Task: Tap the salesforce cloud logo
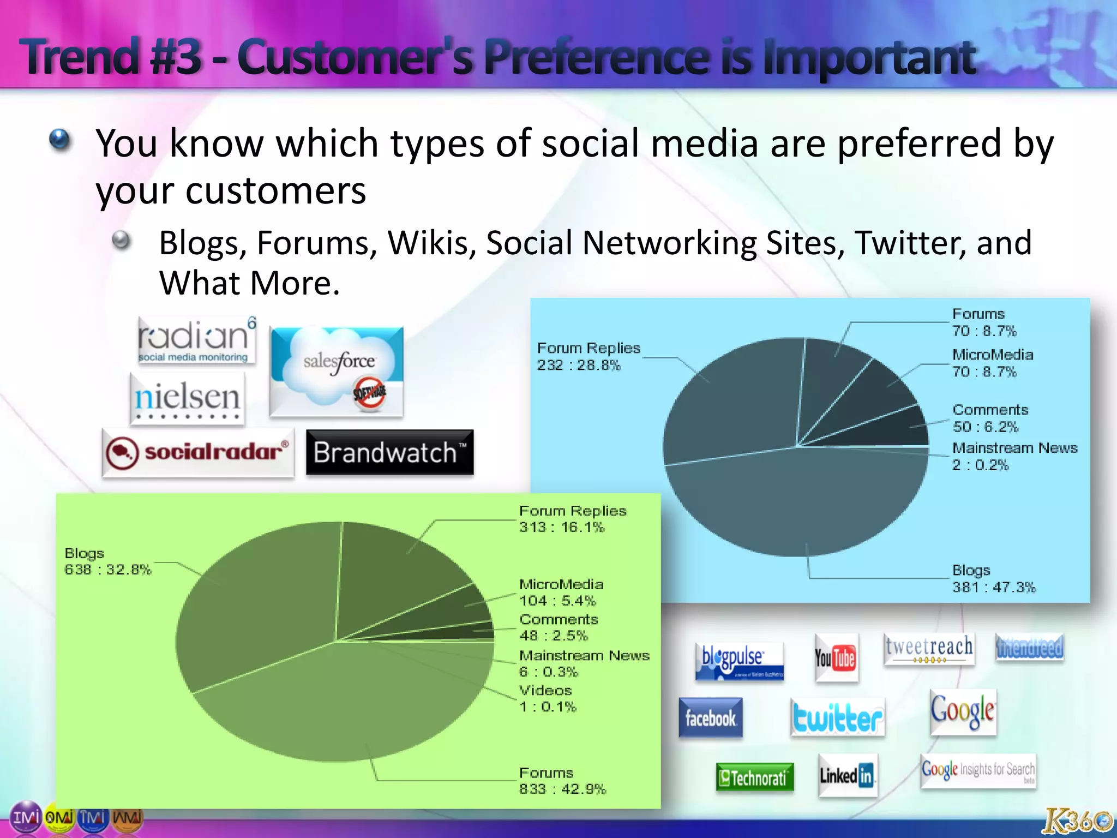coord(337,372)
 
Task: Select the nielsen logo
coord(187,399)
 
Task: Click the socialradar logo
coord(197,453)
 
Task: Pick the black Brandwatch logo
coord(389,452)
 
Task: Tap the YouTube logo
coord(836,657)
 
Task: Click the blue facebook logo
coord(710,718)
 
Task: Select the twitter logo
coord(837,718)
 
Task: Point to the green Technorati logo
coord(754,777)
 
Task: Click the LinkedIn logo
coord(847,775)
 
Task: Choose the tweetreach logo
coord(929,649)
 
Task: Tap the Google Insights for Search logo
coord(978,770)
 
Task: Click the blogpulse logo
coord(739,661)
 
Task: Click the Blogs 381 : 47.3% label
coord(993,579)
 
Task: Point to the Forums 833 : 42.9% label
coord(562,781)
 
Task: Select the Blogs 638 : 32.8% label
coord(107,561)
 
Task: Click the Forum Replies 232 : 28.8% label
coord(588,356)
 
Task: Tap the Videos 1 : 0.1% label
coord(547,698)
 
